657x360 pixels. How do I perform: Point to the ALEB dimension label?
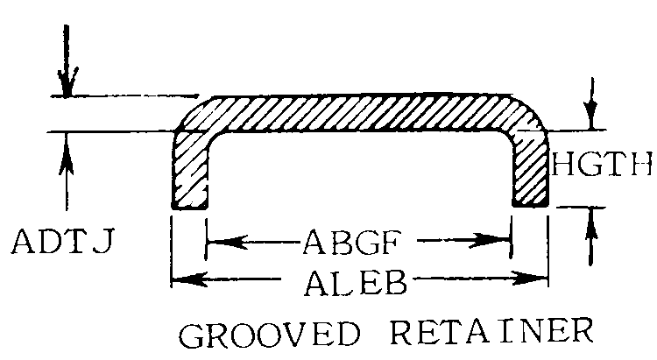[x=359, y=279]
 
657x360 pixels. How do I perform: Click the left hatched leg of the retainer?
[x=190, y=171]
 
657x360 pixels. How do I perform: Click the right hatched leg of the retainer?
[x=530, y=171]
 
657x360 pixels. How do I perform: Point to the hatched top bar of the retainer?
[x=359, y=114]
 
